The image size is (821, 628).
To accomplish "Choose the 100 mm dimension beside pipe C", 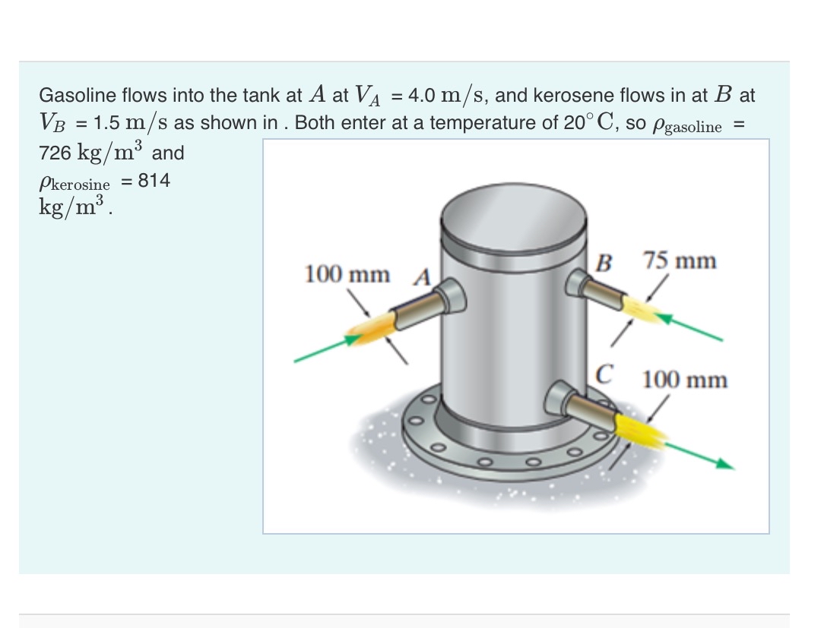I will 684,379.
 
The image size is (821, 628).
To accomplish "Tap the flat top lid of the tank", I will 514,211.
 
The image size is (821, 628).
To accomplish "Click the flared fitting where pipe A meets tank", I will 450,296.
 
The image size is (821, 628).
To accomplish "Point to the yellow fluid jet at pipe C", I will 641,429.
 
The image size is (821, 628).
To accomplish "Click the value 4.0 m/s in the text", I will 448,96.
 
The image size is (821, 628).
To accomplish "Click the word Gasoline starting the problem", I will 74,96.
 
